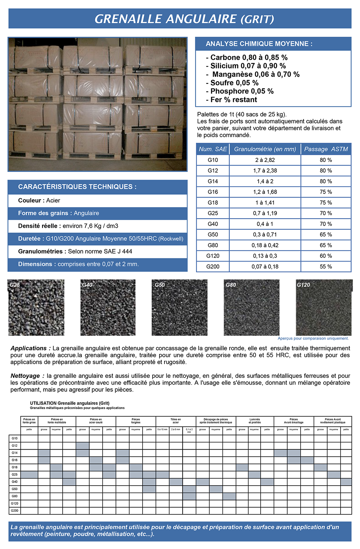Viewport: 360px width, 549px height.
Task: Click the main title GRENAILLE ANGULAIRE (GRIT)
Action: point(184,19)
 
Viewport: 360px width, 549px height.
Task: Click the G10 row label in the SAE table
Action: point(213,160)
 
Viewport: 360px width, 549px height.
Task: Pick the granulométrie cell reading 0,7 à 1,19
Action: point(265,213)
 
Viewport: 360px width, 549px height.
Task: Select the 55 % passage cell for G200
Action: point(326,267)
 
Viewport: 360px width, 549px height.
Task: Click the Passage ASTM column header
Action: point(326,149)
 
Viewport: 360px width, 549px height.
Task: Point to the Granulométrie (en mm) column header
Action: point(265,149)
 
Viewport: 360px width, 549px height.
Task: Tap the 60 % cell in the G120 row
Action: point(326,256)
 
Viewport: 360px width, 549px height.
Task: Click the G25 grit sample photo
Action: point(36,308)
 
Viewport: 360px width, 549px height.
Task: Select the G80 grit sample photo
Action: point(252,308)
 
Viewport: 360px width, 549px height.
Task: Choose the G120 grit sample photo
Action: point(324,308)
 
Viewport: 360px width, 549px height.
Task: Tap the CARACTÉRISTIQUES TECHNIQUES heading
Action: point(77,187)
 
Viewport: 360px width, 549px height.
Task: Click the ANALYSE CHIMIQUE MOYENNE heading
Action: point(259,44)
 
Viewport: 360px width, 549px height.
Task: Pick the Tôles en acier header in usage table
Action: point(176,421)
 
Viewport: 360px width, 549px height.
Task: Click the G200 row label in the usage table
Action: point(14,511)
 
